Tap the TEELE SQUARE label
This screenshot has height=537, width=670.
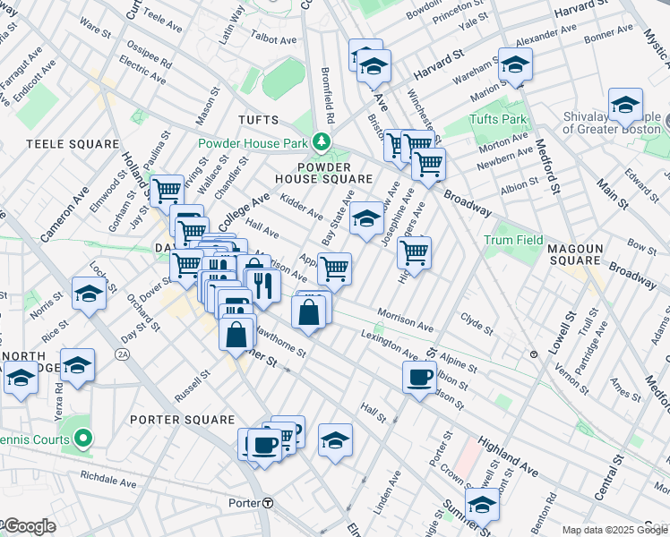coord(73,144)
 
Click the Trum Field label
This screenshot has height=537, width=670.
coord(513,240)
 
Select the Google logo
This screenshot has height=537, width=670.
coord(29,526)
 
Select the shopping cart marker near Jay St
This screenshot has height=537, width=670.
coord(167,190)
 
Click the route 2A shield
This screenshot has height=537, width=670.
coord(122,355)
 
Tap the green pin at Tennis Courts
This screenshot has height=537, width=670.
coord(82,438)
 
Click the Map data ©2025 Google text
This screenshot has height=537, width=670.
coord(614,530)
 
